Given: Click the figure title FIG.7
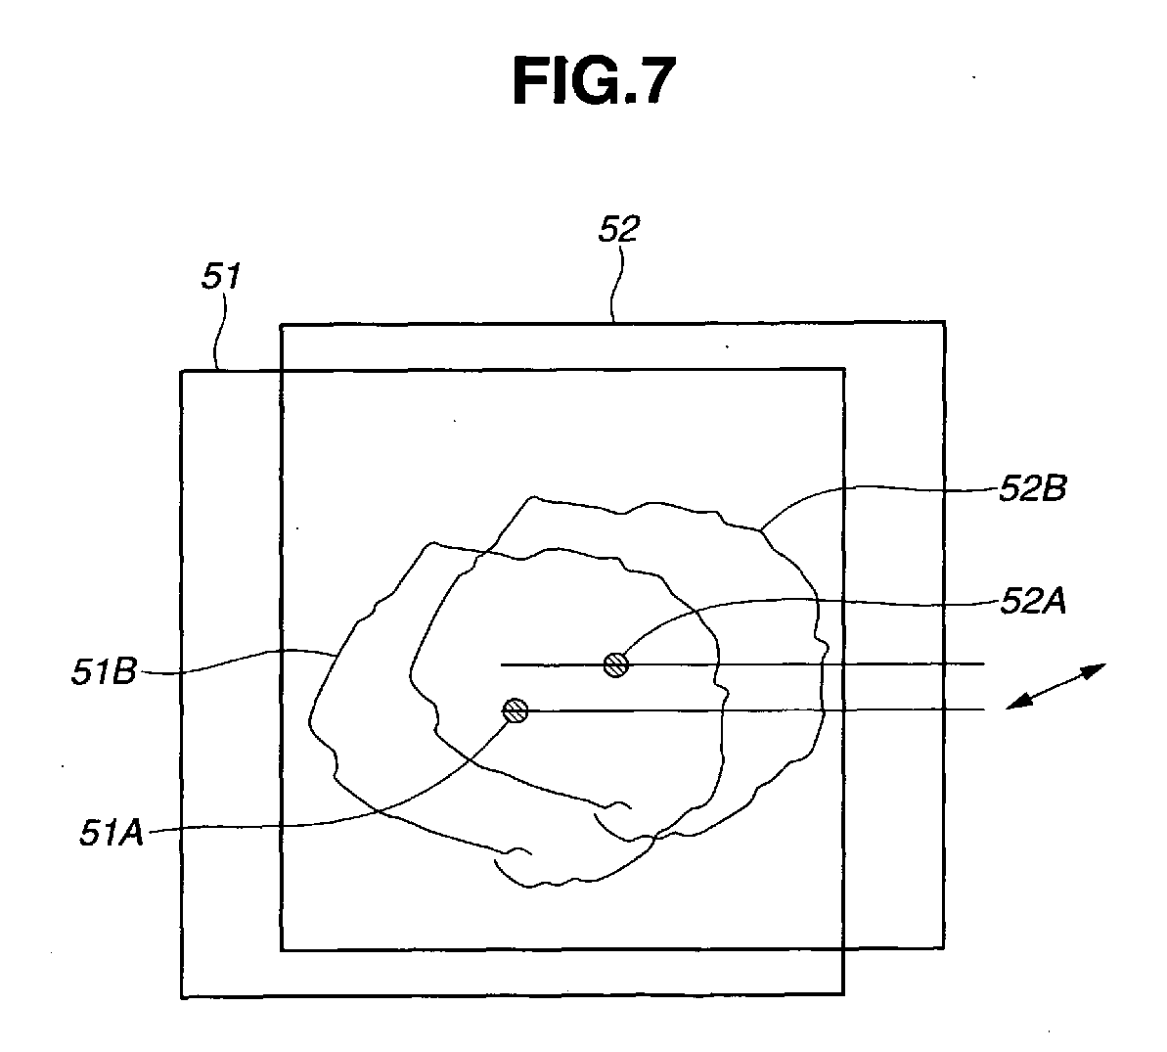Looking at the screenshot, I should click(594, 81).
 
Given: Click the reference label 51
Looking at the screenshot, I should click(221, 278).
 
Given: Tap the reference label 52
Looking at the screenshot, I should click(618, 230).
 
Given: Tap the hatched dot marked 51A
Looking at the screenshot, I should click(515, 711).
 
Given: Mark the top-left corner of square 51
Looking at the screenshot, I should click(182, 370).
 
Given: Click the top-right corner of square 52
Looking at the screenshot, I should click(944, 322).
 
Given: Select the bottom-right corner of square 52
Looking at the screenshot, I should click(944, 948).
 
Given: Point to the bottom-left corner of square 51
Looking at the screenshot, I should click(182, 996).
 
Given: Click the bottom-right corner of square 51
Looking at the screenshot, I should click(843, 996).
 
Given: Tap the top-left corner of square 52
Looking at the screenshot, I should click(282, 323).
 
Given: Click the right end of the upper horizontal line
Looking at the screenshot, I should click(983, 664).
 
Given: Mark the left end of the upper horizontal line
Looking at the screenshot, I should click(502, 664).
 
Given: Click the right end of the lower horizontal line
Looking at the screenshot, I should click(983, 709).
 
